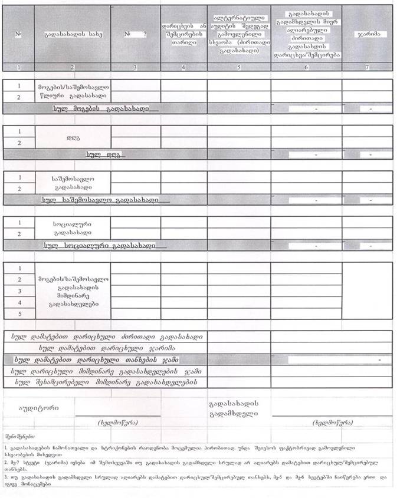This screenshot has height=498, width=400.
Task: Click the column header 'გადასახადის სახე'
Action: (x=72, y=34)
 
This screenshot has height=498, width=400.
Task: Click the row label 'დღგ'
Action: (x=73, y=137)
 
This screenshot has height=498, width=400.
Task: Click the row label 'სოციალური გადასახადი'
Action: (x=73, y=228)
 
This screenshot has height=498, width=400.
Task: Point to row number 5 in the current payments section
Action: (x=19, y=314)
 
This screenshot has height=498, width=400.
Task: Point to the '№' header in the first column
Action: (x=19, y=34)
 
